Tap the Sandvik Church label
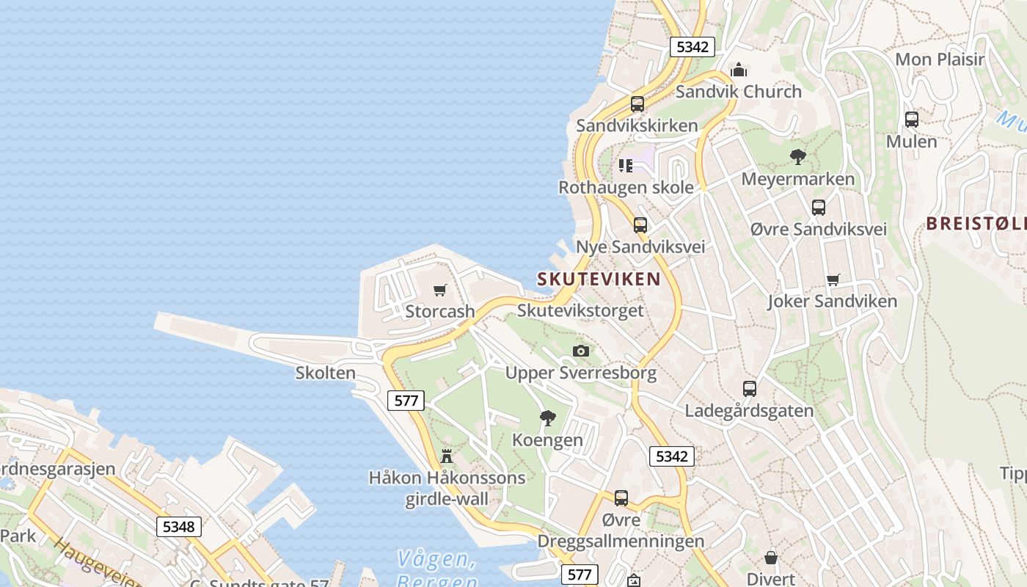(738, 92)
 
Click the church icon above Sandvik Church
(739, 70)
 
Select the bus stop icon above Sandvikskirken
(637, 104)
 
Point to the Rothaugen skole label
(626, 187)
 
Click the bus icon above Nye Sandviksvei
(640, 225)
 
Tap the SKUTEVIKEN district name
(599, 279)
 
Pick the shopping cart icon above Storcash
(440, 291)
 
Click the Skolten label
(325, 373)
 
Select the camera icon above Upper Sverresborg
(581, 351)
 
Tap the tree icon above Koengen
(547, 418)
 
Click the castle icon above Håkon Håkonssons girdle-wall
(447, 456)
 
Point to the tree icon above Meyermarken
(797, 156)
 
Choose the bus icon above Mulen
(911, 119)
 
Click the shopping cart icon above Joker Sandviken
(833, 280)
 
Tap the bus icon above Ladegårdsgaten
(749, 389)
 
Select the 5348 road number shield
(178, 526)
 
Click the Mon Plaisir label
(940, 59)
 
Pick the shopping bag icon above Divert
(770, 558)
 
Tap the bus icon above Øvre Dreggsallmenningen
(621, 498)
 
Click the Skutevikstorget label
(580, 310)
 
